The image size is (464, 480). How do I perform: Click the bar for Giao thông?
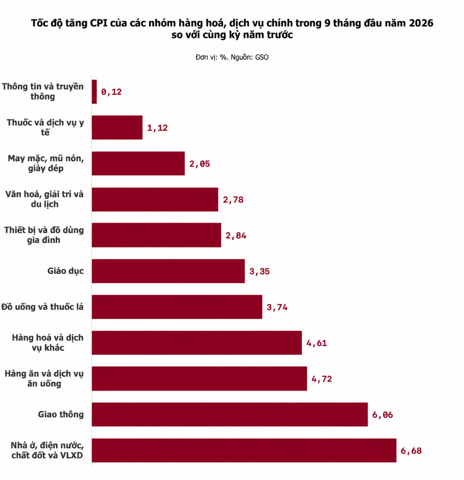pos(230,414)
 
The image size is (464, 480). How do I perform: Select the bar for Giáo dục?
pos(168,271)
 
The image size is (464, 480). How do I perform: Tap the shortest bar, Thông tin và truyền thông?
pos(94,91)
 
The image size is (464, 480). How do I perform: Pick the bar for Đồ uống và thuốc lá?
pos(177,306)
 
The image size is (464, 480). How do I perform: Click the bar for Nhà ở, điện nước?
pos(244,450)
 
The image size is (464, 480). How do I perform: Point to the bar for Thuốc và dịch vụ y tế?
pos(117,127)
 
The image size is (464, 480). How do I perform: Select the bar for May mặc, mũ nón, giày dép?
pos(138,163)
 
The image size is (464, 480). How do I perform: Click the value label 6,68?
pos(411,451)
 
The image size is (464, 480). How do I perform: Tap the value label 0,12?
pos(111,92)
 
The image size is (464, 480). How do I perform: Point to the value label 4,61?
pos(316,343)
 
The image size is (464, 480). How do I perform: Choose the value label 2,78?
pos(233,200)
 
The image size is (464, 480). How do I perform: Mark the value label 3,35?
pos(259,271)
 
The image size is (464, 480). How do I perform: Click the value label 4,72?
pos(322,379)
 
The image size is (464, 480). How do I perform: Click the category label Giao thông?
pos(61,414)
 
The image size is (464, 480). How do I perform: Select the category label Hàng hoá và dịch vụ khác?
pos(48,343)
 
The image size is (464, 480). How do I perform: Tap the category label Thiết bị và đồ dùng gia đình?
pos(44,235)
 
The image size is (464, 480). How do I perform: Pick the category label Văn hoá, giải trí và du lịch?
pos(44,199)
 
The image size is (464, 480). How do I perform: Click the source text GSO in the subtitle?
pos(262,57)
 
